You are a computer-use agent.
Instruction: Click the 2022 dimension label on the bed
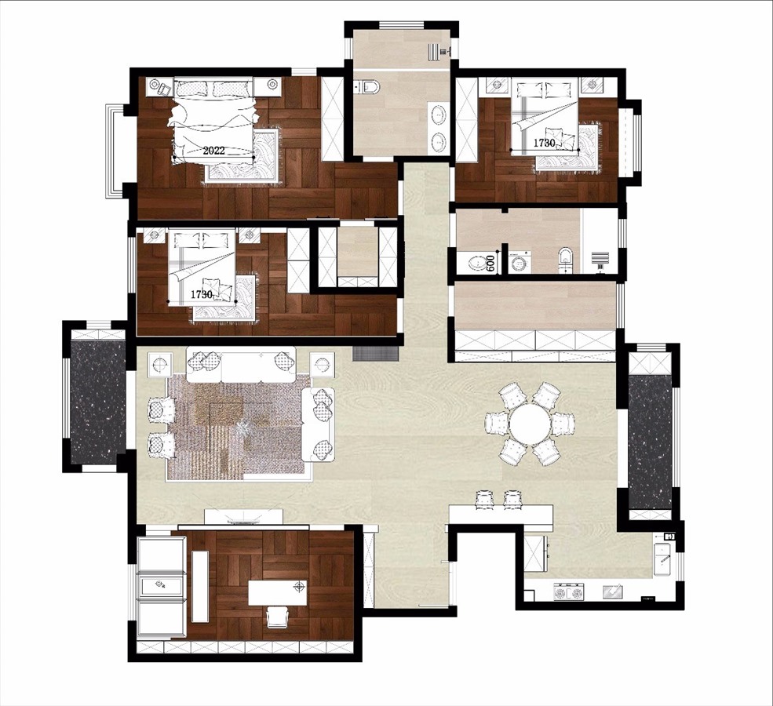coord(213,151)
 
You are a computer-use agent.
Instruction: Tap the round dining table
coord(530,423)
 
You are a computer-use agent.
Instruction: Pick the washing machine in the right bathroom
coord(519,262)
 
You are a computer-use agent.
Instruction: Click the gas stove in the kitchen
coord(569,591)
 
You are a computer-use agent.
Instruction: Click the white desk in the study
coord(277,593)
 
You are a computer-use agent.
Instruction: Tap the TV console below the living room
coord(244,517)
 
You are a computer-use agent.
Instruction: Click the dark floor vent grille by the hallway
coord(375,353)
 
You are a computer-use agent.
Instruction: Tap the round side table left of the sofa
coord(160,364)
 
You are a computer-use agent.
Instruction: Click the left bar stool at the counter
coord(484,499)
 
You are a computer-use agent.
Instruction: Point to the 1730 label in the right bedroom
coord(545,143)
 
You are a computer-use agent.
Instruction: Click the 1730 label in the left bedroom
coord(202,295)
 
